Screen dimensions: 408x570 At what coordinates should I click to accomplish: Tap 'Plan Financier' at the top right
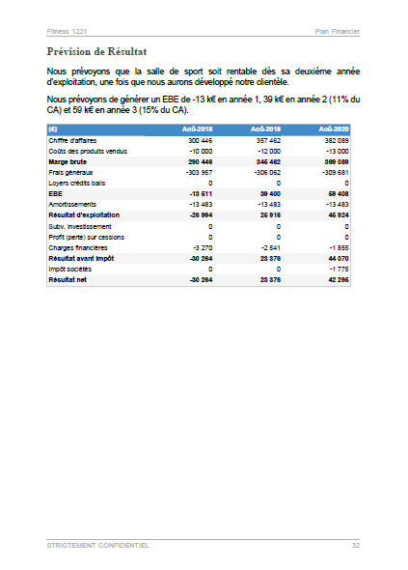click(x=338, y=31)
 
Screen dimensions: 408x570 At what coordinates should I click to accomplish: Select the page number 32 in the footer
click(x=355, y=546)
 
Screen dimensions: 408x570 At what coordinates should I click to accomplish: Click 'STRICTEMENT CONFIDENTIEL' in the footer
click(x=97, y=546)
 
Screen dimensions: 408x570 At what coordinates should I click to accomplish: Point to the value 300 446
click(x=200, y=141)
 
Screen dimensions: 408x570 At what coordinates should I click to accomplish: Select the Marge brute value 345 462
click(x=267, y=162)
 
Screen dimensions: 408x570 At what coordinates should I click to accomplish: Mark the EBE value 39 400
click(x=269, y=193)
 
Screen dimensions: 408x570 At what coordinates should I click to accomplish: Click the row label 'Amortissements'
click(x=72, y=204)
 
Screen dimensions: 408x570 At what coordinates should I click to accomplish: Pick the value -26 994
click(x=198, y=214)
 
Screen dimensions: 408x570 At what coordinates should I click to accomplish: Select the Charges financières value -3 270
click(x=200, y=246)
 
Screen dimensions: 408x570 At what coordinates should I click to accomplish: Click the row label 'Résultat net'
click(x=69, y=278)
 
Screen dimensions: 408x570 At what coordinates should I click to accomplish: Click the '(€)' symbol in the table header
click(x=53, y=128)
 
